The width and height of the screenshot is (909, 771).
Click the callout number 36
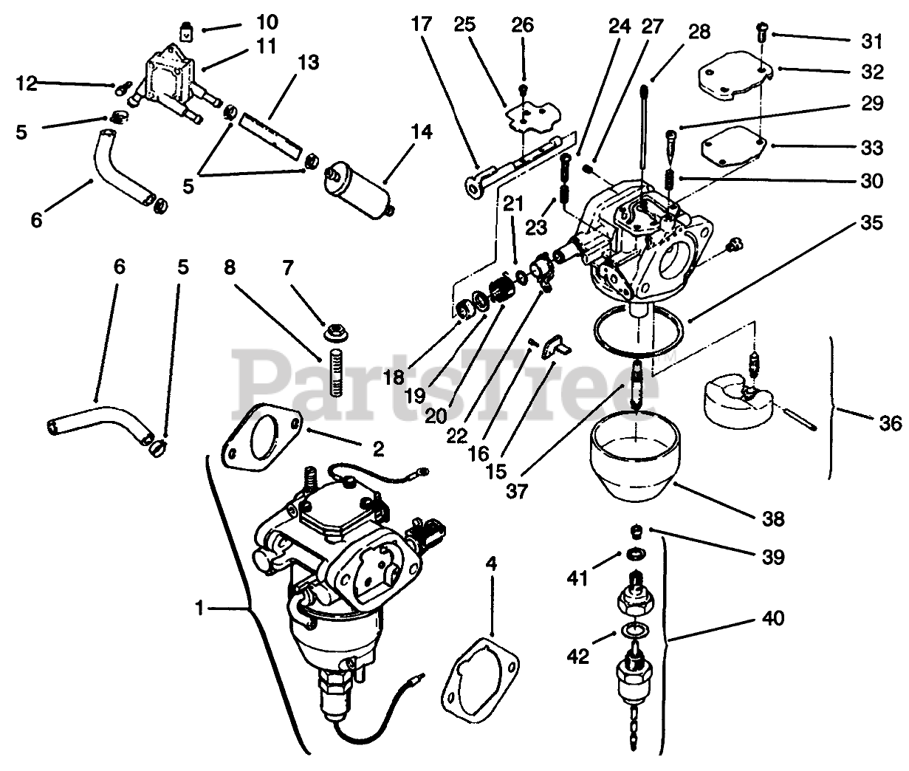tap(891, 423)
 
